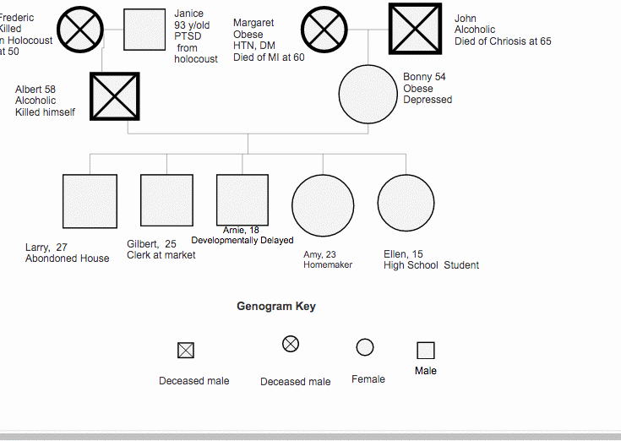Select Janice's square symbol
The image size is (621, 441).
(144, 30)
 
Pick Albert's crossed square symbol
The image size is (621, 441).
(114, 96)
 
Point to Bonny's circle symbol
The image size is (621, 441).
(368, 95)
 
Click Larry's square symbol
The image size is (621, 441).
(90, 201)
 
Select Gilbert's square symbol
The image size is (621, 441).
(166, 200)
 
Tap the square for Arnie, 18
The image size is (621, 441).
(242, 199)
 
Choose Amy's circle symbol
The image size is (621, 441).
(323, 205)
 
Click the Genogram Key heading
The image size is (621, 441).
(276, 307)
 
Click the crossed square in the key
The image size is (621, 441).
(186, 350)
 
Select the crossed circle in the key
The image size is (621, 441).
(291, 343)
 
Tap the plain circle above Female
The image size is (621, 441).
(365, 347)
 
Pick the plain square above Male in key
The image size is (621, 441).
(426, 350)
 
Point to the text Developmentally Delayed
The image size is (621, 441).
(242, 241)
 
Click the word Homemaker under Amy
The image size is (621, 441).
(328, 265)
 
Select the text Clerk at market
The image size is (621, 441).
(161, 255)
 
